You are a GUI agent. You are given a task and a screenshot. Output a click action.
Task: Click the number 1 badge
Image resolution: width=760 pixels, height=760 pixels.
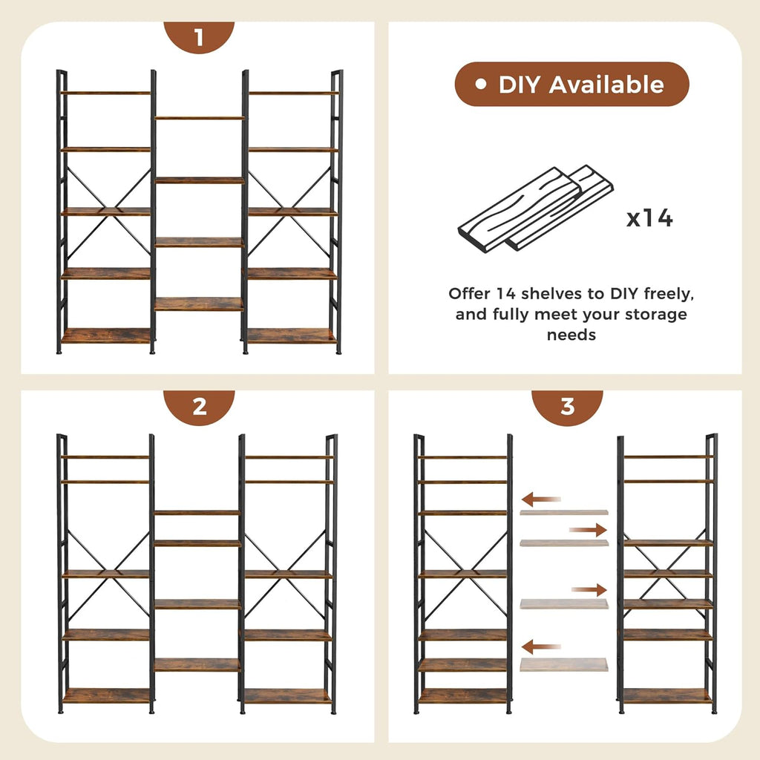click(198, 37)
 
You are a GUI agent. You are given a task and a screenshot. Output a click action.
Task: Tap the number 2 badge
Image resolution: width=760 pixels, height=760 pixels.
click(199, 407)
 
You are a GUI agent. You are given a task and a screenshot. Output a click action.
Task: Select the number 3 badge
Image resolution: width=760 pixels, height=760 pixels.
click(567, 407)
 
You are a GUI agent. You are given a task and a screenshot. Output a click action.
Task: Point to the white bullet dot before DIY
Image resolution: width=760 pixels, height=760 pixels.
click(482, 85)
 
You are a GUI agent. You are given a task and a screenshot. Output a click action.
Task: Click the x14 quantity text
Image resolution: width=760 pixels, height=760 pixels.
click(649, 218)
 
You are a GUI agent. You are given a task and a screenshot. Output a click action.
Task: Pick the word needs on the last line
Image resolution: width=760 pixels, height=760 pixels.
click(571, 335)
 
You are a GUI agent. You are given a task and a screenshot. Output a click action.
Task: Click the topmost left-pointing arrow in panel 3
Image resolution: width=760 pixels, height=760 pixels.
click(541, 499)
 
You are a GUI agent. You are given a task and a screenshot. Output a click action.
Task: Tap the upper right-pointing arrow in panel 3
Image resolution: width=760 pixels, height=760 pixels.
click(588, 529)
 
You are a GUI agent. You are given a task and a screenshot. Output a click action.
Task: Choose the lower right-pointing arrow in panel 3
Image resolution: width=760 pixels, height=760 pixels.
click(589, 589)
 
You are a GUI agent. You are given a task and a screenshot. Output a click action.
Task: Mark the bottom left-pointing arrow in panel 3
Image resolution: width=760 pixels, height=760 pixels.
click(541, 646)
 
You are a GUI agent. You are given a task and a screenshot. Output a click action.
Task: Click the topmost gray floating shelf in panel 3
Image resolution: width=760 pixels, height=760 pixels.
click(563, 512)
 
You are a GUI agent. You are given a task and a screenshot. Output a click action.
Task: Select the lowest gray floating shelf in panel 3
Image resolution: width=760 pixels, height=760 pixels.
click(563, 664)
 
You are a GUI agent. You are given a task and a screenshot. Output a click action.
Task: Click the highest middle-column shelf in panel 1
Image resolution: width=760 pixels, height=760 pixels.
click(199, 118)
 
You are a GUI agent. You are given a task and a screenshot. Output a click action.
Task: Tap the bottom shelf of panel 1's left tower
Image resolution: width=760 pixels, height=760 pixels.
click(105, 336)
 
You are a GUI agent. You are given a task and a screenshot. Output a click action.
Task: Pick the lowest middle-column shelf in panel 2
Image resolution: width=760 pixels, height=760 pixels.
click(197, 664)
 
